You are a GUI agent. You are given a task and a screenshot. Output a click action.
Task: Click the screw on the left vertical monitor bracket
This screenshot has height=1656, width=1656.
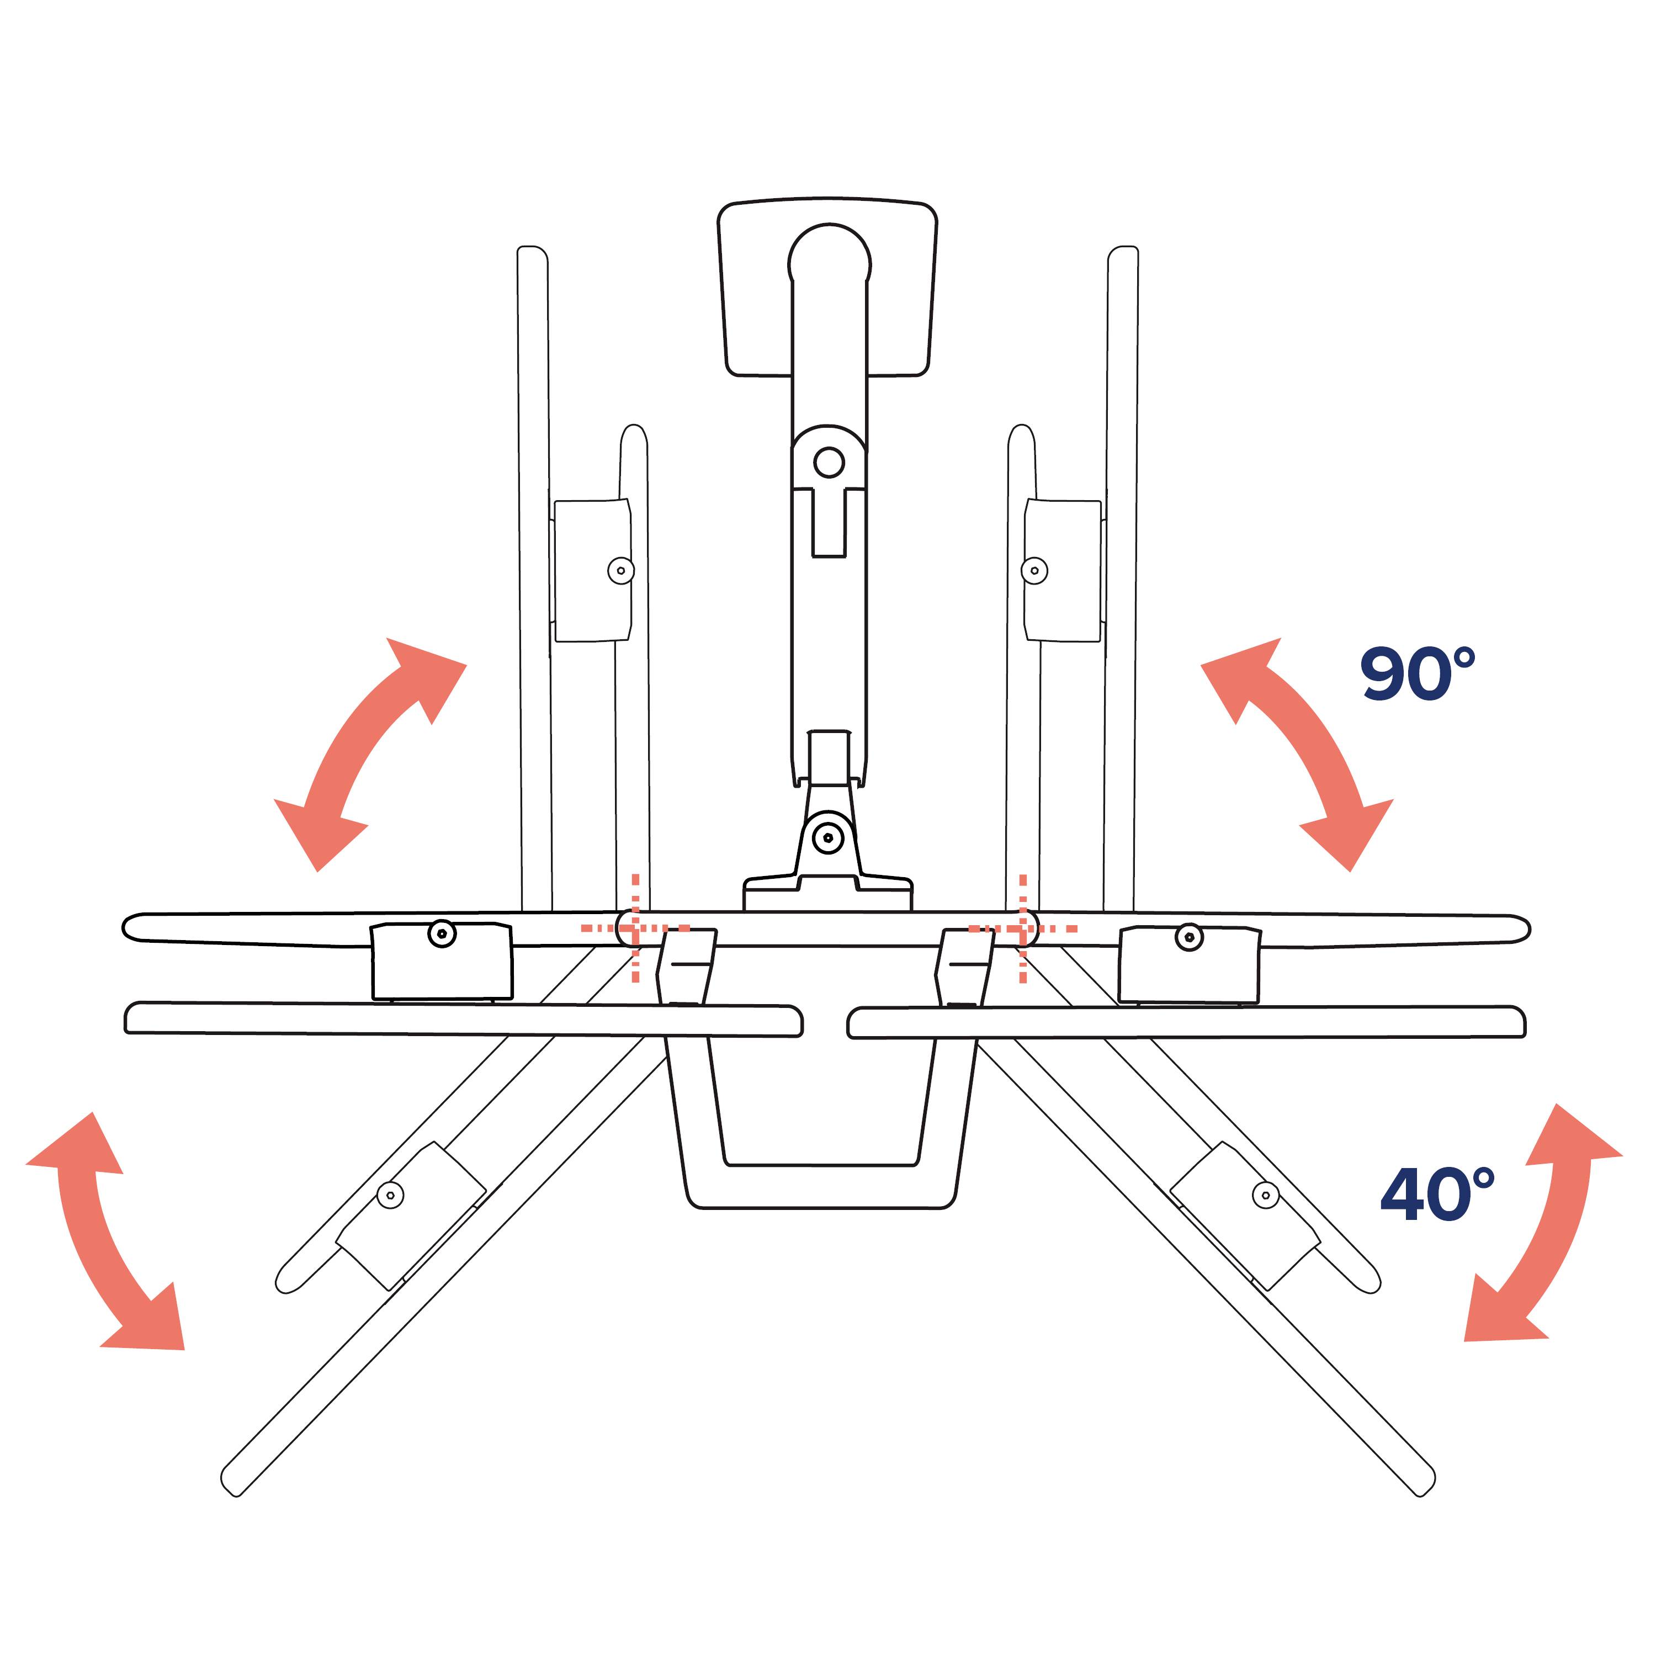tap(620, 570)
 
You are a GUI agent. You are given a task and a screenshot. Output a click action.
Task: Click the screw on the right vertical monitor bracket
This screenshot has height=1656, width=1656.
tap(1034, 570)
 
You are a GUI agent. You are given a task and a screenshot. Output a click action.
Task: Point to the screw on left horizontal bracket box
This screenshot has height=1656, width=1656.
tap(442, 933)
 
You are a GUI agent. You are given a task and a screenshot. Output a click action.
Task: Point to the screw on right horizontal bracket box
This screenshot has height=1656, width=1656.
tap(1189, 937)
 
